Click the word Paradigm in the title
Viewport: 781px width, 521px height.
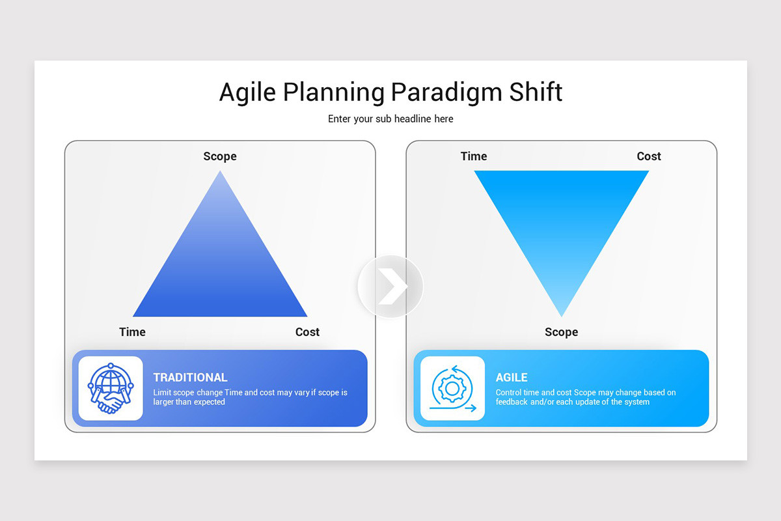point(446,93)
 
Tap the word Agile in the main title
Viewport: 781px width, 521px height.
point(247,93)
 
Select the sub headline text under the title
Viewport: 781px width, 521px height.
point(390,119)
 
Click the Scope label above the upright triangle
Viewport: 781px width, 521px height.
point(220,156)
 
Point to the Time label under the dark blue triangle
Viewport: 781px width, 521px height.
point(133,332)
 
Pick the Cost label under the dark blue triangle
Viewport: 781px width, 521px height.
point(307,332)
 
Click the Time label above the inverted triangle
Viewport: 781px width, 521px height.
point(474,156)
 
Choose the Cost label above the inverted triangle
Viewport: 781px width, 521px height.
point(649,156)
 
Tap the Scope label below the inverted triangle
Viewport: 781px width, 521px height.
point(561,332)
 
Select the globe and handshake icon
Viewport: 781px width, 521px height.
point(111,388)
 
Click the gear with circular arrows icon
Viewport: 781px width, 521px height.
point(452,388)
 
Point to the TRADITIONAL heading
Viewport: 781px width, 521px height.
point(190,377)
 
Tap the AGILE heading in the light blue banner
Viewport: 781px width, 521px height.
point(512,377)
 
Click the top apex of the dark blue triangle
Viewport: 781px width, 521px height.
point(220,171)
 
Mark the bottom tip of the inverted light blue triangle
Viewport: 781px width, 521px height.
point(561,316)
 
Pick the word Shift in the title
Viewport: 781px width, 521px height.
point(536,92)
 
